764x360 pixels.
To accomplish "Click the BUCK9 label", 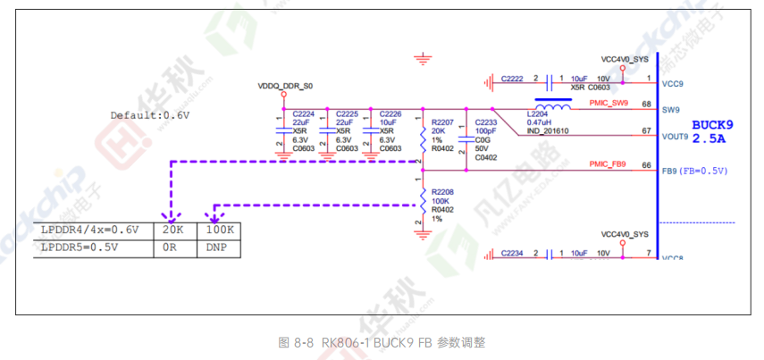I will (713, 125).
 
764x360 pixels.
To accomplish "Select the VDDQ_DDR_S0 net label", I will (286, 87).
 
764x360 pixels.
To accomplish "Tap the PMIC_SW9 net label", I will (609, 104).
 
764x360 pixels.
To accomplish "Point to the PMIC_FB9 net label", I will (608, 163).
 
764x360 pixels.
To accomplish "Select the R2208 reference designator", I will (442, 191).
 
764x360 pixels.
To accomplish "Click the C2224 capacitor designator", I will (304, 114).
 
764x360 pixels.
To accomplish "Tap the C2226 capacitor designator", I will (390, 114).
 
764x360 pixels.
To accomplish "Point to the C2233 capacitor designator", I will (485, 121).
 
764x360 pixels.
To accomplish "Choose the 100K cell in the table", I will (219, 230).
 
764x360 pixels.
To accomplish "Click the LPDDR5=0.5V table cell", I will (80, 247).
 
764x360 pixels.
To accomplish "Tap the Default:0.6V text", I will (150, 115).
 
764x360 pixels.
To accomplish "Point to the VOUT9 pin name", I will (675, 138).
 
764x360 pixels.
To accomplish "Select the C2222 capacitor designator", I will (512, 79).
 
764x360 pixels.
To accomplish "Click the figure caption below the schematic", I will (382, 342).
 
